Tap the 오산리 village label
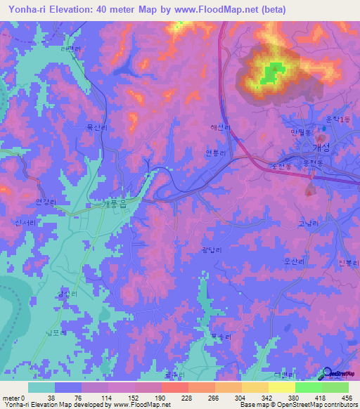point(293,261)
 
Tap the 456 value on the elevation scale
point(345,397)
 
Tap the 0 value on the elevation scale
point(23,397)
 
